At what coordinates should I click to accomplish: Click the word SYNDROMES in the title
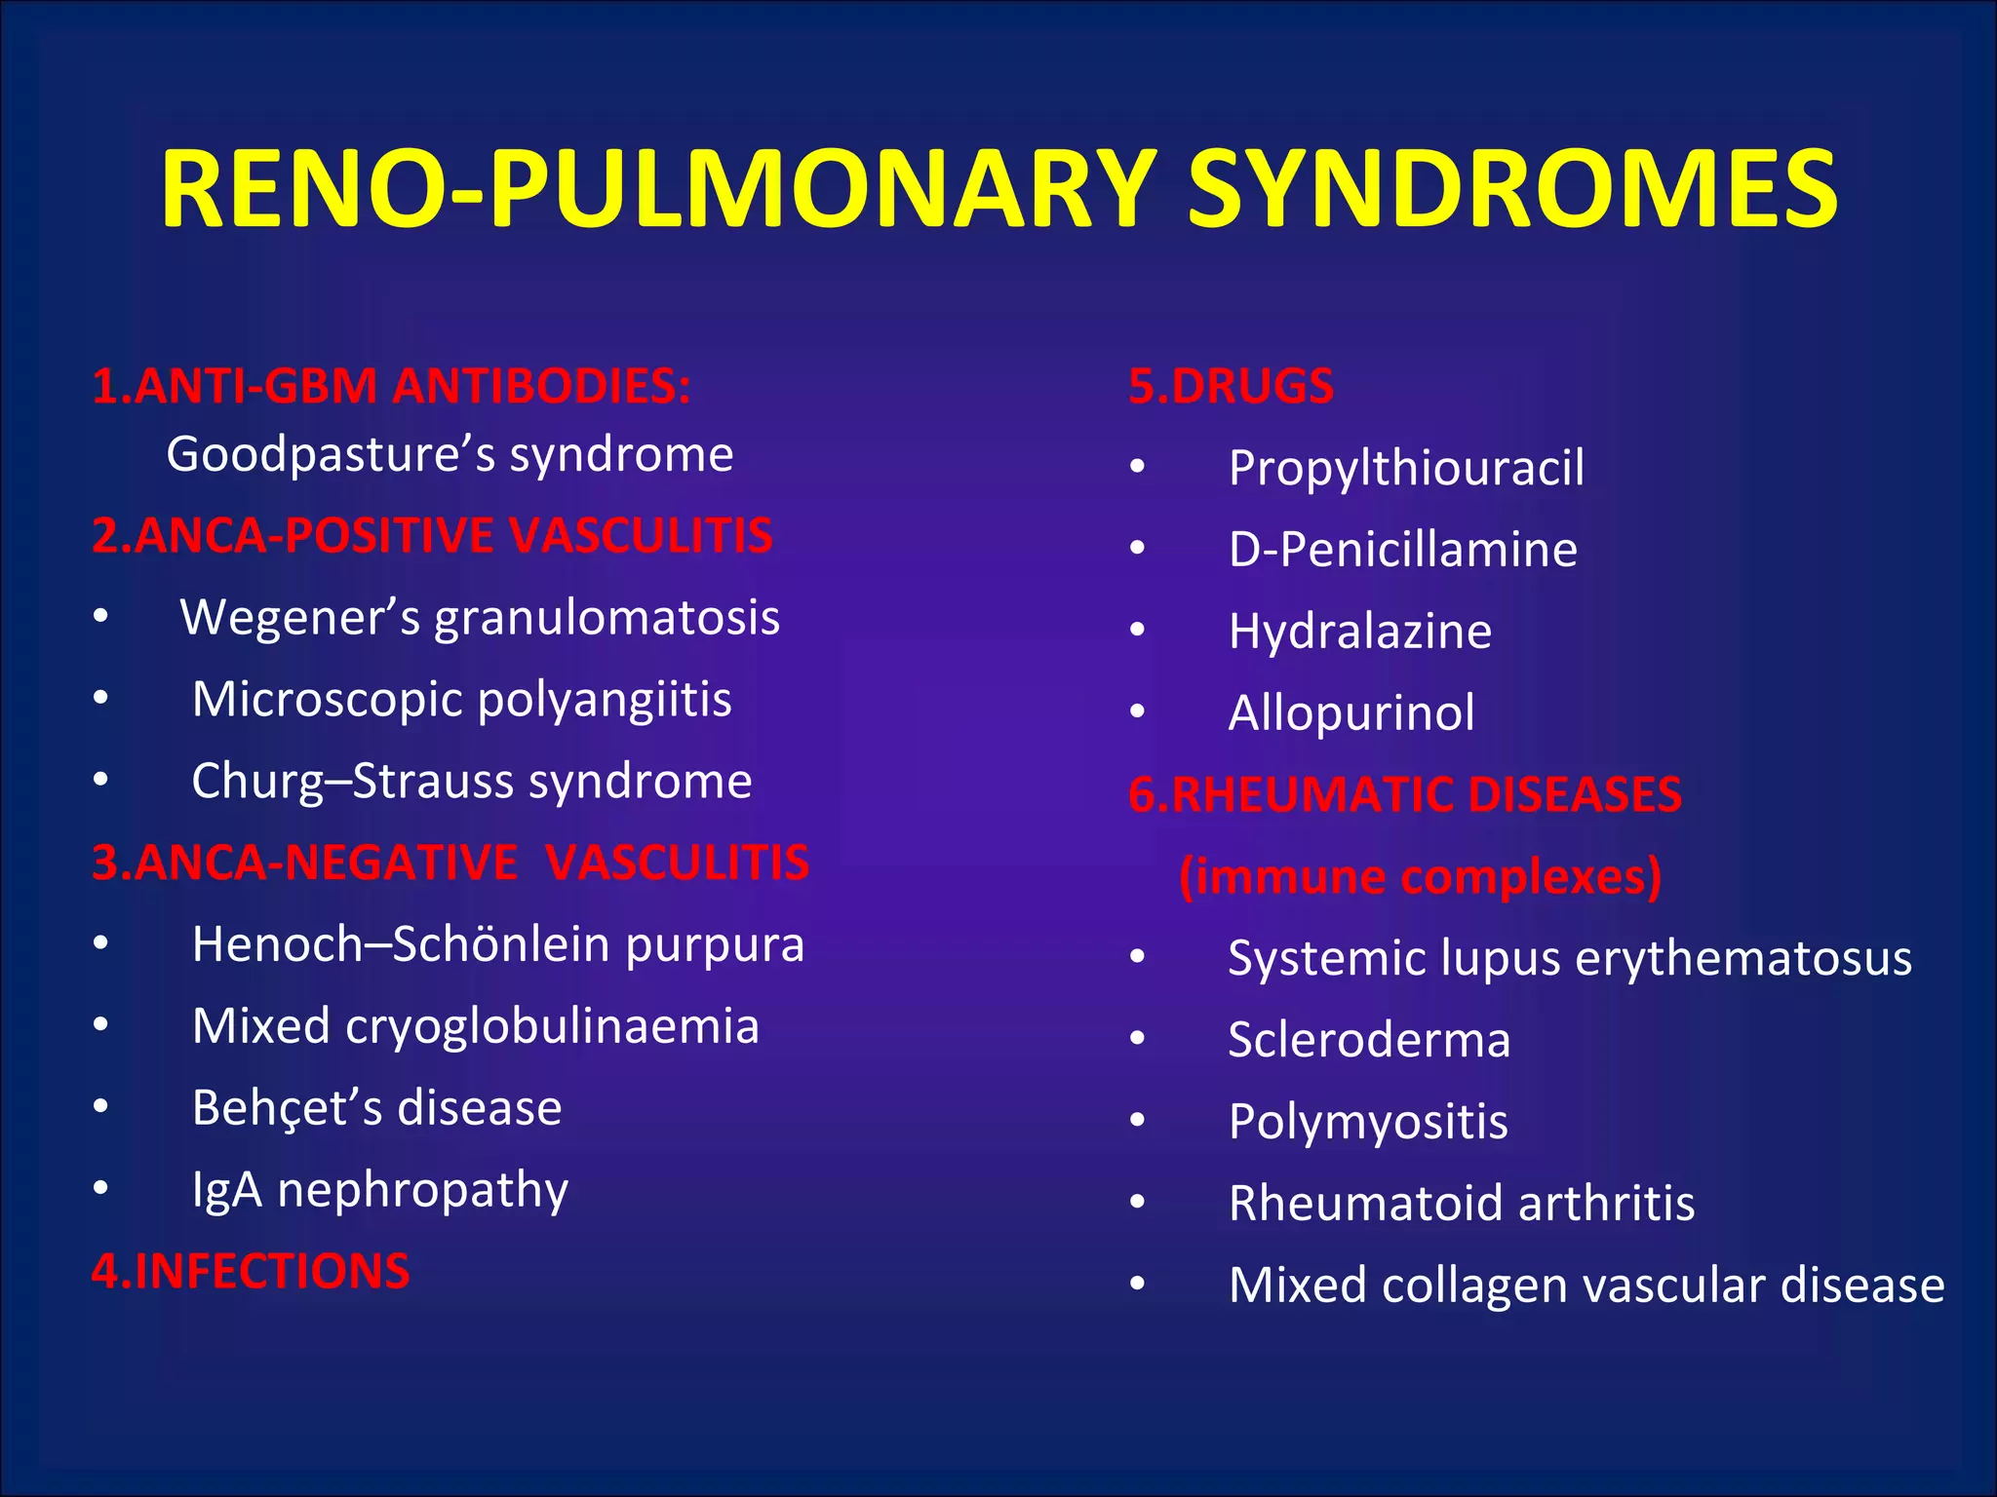click(1511, 189)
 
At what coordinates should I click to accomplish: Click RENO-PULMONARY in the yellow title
click(659, 189)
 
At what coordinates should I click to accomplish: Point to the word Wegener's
click(299, 618)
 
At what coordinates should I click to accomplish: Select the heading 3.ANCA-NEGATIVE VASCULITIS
click(450, 864)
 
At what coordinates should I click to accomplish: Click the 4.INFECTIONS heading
click(251, 1272)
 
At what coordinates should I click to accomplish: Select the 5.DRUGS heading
click(1231, 386)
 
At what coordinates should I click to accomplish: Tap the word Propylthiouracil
click(1406, 468)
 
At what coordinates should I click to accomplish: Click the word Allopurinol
click(1351, 712)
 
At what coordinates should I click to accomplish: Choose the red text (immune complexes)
click(1420, 876)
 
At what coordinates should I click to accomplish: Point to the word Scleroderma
click(1369, 1040)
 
